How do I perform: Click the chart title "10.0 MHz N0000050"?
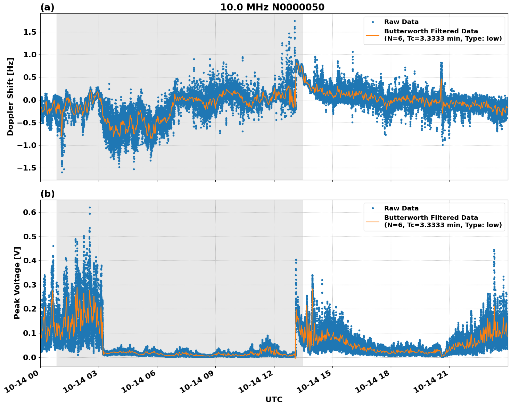[x=272, y=7]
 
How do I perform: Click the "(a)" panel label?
[x=47, y=7]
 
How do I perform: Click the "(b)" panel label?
[x=47, y=194]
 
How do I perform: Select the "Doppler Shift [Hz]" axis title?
[x=10, y=97]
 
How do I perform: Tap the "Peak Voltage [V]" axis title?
[x=17, y=283]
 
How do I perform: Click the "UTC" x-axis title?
[x=274, y=399]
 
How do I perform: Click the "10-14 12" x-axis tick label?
[x=257, y=382]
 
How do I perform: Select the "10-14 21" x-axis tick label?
[x=433, y=382]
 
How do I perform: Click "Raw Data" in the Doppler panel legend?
[x=401, y=22]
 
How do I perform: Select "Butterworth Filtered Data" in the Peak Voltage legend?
[x=431, y=218]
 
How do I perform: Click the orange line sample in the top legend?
[x=373, y=35]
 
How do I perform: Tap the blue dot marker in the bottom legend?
[x=373, y=208]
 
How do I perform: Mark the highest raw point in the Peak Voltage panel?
[x=90, y=208]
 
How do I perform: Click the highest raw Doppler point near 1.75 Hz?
[x=295, y=21]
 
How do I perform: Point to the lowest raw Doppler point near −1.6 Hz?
[x=62, y=172]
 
